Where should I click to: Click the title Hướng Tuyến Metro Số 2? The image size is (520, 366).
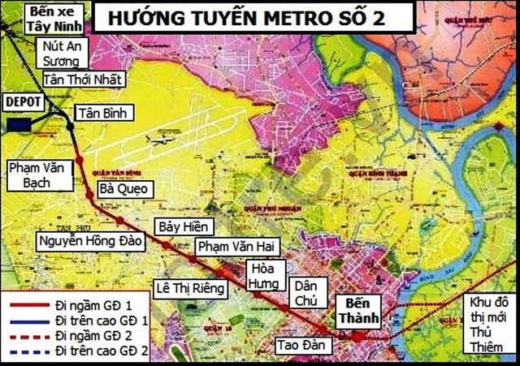pos(256,17)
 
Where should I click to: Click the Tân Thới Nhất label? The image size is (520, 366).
pos(82,80)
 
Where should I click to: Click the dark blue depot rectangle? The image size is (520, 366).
pos(16,124)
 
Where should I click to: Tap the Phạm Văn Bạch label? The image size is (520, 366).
pos(41,174)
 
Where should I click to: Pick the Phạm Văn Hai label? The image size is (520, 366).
pos(228,245)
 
